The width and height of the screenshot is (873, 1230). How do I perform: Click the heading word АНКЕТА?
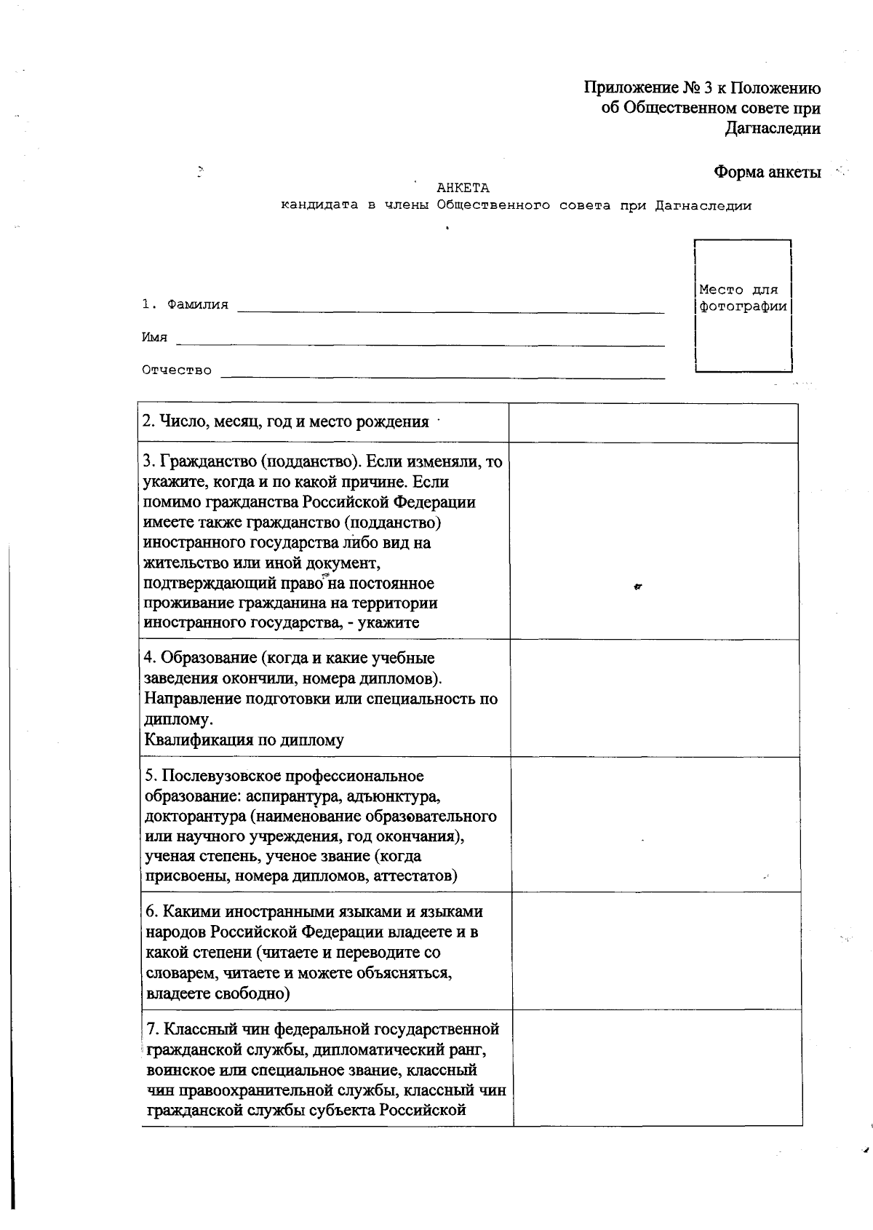463,189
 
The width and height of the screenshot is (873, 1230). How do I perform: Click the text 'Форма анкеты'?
767,172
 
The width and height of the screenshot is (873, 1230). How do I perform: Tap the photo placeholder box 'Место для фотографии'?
743,305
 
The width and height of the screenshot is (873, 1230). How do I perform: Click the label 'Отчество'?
177,370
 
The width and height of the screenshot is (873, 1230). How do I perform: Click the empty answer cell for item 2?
653,423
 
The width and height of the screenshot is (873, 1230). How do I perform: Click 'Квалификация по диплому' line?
244,740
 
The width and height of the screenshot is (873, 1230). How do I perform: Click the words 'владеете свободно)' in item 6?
218,993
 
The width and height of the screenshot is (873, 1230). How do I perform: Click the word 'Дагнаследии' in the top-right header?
773,129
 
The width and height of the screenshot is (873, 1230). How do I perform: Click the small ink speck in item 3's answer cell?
637,586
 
